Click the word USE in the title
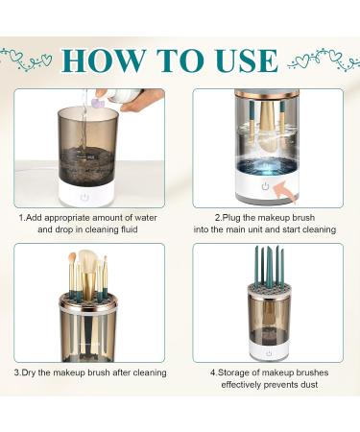pos(243,59)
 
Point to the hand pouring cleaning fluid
pos(144,99)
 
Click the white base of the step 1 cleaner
pos(84,195)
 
